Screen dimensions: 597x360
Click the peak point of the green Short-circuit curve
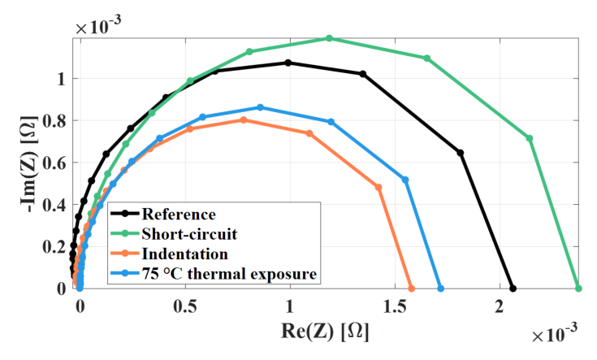(329, 38)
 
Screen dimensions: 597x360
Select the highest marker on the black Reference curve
(288, 63)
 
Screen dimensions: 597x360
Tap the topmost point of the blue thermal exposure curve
(261, 107)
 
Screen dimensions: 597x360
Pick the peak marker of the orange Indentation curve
(244, 120)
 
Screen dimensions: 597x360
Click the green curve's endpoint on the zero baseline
(578, 288)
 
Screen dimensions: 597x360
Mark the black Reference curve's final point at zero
(513, 288)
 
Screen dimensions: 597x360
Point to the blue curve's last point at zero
(441, 288)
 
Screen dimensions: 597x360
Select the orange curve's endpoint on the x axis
(411, 288)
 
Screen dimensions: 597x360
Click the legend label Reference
(179, 214)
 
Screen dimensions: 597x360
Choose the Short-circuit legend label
(189, 234)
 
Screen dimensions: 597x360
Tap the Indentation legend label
(184, 254)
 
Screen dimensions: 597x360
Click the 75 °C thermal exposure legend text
(229, 274)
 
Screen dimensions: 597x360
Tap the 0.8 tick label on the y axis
(55, 121)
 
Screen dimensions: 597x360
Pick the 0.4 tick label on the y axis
(55, 205)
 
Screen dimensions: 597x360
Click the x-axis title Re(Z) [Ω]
(325, 331)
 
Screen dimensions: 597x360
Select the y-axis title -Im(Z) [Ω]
(28, 164)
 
